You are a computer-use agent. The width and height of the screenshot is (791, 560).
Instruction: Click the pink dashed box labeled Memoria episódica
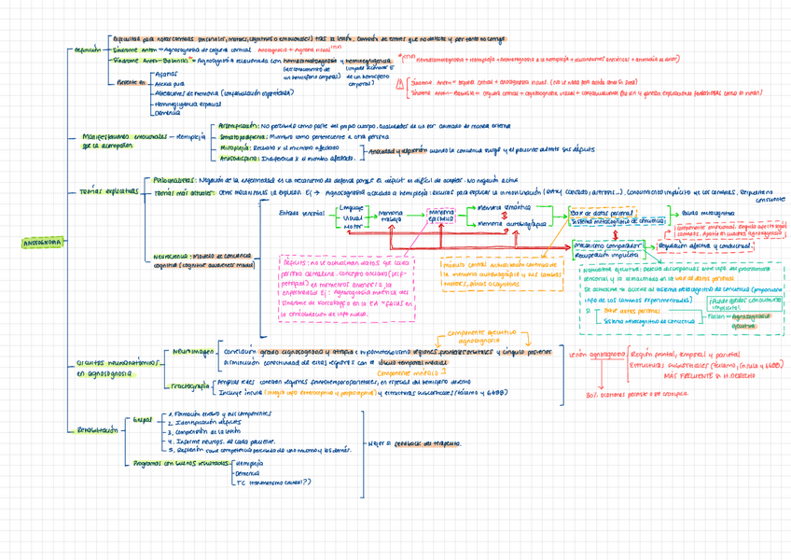439,217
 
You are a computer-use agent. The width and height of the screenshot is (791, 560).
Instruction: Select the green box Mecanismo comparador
606,245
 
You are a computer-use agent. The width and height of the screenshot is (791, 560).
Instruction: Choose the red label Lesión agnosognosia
595,355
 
